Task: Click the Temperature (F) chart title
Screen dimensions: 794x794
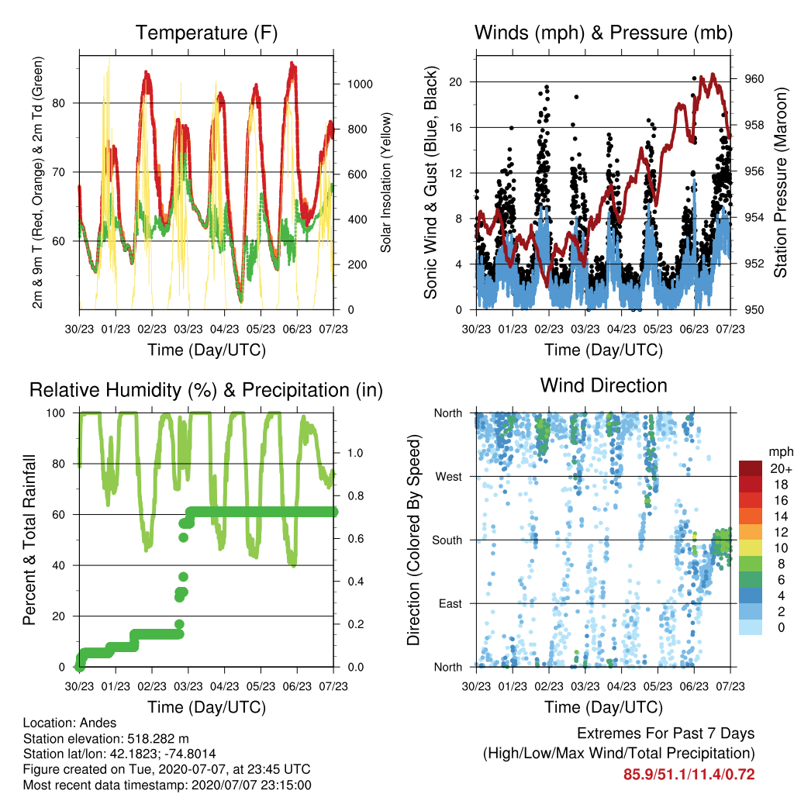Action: pyautogui.click(x=206, y=33)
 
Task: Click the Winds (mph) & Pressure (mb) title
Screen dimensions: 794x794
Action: pyautogui.click(x=603, y=33)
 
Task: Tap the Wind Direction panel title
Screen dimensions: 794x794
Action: pyautogui.click(x=603, y=385)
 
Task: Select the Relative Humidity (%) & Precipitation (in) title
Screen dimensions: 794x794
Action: pyautogui.click(x=206, y=391)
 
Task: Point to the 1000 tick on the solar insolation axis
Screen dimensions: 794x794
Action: pyautogui.click(x=360, y=84)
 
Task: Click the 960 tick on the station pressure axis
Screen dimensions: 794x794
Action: pyautogui.click(x=754, y=79)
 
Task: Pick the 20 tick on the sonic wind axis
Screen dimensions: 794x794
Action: pyautogui.click(x=456, y=82)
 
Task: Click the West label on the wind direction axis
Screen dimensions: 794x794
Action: pyautogui.click(x=449, y=477)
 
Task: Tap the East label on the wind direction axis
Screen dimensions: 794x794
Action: pyautogui.click(x=451, y=603)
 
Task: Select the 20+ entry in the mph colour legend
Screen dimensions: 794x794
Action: pyautogui.click(x=780, y=468)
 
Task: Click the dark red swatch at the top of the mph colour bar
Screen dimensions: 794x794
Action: pyautogui.click(x=751, y=468)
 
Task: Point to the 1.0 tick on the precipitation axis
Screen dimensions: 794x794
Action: pyautogui.click(x=355, y=453)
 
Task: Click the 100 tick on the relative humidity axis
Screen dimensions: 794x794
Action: pyautogui.click(x=56, y=413)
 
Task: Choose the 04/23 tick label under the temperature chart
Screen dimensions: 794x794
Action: pyautogui.click(x=224, y=329)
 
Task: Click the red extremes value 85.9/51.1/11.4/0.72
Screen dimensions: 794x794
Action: pyautogui.click(x=689, y=775)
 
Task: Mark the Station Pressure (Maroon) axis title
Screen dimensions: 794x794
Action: pyautogui.click(x=781, y=182)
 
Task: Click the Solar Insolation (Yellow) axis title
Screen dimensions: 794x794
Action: pyautogui.click(x=386, y=182)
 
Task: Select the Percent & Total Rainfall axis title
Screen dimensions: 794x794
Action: pyautogui.click(x=29, y=540)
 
